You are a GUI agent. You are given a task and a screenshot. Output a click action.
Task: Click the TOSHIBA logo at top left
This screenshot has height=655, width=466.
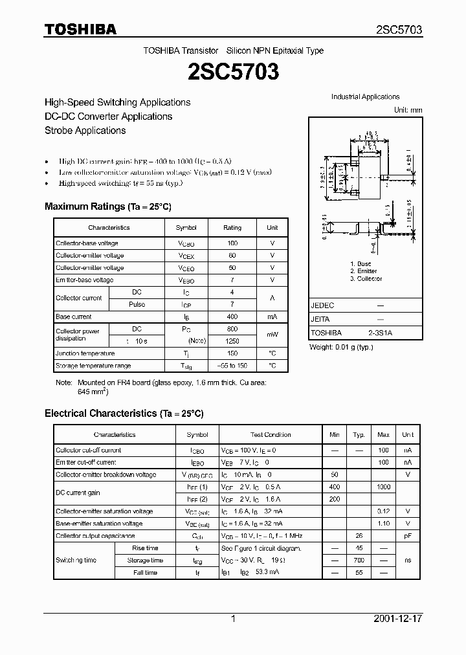[80, 29]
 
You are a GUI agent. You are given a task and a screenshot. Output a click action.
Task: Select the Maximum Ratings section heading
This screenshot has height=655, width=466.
[107, 206]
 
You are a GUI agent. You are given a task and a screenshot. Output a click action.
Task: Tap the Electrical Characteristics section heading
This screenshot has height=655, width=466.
[124, 413]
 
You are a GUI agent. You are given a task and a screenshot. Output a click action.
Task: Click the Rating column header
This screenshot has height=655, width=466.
[232, 228]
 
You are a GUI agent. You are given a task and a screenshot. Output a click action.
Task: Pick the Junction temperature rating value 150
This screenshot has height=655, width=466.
[232, 353]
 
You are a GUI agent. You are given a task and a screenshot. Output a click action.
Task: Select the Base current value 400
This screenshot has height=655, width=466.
[232, 317]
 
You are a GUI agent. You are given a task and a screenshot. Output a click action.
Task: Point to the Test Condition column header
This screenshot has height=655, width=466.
[271, 435]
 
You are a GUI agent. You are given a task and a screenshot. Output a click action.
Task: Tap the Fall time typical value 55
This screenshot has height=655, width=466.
[359, 573]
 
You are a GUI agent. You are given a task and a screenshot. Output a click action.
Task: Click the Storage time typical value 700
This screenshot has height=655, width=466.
[359, 561]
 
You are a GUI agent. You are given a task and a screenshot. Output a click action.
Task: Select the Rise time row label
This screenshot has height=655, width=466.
[145, 548]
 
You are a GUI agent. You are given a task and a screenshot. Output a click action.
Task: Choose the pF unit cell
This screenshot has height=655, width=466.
[408, 536]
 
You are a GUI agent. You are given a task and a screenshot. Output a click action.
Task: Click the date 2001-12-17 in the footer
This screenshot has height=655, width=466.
[398, 619]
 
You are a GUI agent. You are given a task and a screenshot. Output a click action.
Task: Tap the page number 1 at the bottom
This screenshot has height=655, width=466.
[233, 619]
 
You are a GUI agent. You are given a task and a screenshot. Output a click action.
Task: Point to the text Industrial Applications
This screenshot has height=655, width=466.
[366, 97]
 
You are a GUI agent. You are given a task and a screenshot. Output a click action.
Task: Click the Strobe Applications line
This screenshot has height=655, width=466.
[85, 130]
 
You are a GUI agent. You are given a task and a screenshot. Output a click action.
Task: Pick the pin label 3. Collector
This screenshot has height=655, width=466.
[366, 279]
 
